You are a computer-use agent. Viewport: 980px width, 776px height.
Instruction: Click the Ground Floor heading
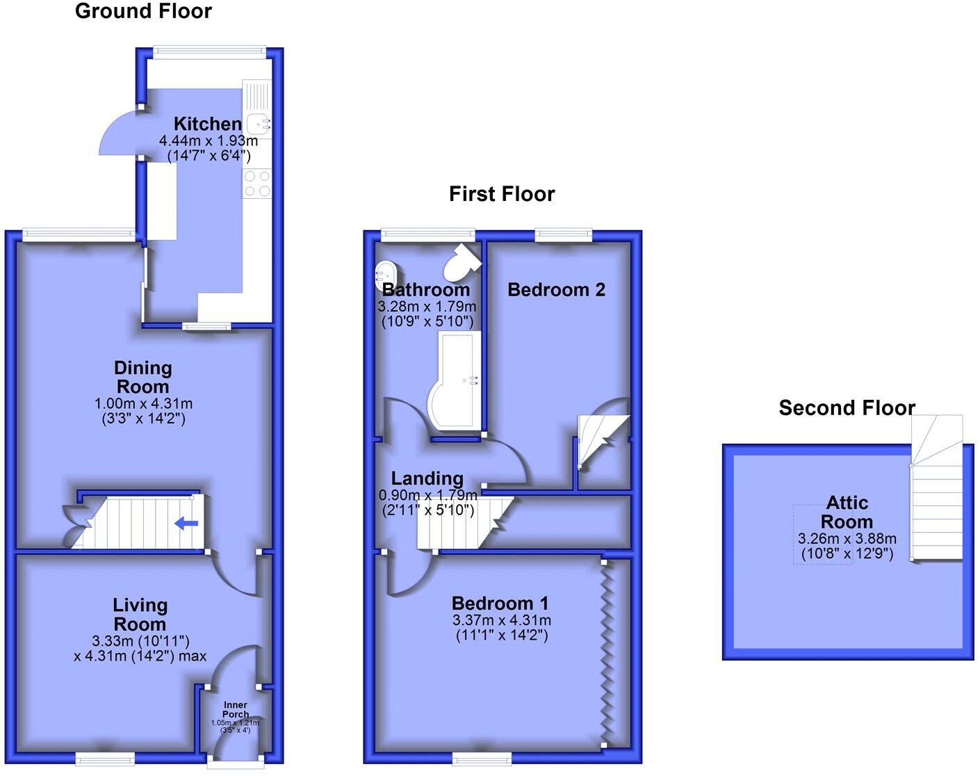point(143,11)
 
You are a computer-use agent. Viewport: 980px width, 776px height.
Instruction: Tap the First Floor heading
point(502,194)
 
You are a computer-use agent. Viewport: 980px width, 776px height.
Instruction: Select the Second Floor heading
point(847,408)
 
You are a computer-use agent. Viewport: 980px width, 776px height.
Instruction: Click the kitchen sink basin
point(259,124)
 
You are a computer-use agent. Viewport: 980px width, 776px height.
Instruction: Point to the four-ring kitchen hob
point(257,183)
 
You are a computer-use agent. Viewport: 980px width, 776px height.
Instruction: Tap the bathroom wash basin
point(386,275)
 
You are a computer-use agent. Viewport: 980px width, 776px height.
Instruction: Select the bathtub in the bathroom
point(455,381)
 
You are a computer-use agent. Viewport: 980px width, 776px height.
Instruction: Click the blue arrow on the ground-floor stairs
point(186,524)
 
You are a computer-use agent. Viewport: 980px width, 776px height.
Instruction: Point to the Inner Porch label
point(236,709)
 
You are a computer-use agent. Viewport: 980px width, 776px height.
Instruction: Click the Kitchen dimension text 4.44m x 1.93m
point(208,140)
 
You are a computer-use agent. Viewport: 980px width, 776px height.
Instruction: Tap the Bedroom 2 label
point(556,290)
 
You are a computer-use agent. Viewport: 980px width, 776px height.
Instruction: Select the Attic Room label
point(847,512)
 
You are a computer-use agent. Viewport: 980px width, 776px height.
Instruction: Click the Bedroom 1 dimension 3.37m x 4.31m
point(501,620)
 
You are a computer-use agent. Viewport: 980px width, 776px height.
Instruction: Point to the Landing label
point(427,478)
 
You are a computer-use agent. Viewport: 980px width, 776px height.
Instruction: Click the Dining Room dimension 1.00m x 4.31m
point(143,404)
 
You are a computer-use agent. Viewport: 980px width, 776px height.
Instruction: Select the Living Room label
point(140,615)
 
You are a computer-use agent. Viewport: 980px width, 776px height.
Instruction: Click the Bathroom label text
point(426,290)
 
